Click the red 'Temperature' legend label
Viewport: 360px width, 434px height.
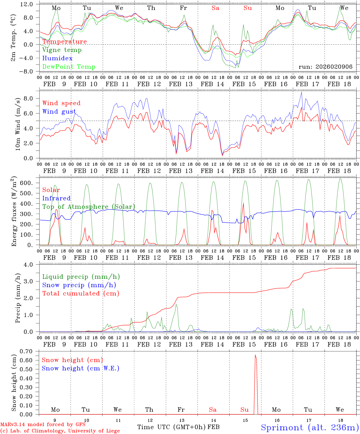point(65,42)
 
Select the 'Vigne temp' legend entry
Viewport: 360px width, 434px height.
point(62,50)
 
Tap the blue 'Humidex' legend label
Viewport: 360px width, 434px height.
point(57,58)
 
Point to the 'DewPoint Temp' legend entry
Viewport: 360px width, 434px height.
point(69,67)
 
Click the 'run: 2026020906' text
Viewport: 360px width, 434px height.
point(326,67)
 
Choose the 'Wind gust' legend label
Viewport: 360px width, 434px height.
point(59,112)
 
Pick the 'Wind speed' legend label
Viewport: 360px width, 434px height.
point(62,103)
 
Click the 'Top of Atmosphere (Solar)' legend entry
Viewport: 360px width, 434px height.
point(89,207)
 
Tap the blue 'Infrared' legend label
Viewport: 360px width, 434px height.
point(56,198)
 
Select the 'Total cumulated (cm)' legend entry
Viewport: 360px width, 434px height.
point(81,293)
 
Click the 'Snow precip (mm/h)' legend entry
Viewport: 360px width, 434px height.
point(79,285)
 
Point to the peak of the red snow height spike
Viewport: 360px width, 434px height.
point(255,355)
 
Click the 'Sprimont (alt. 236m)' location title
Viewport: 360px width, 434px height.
point(310,428)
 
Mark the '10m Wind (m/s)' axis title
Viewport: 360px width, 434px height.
point(18,124)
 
